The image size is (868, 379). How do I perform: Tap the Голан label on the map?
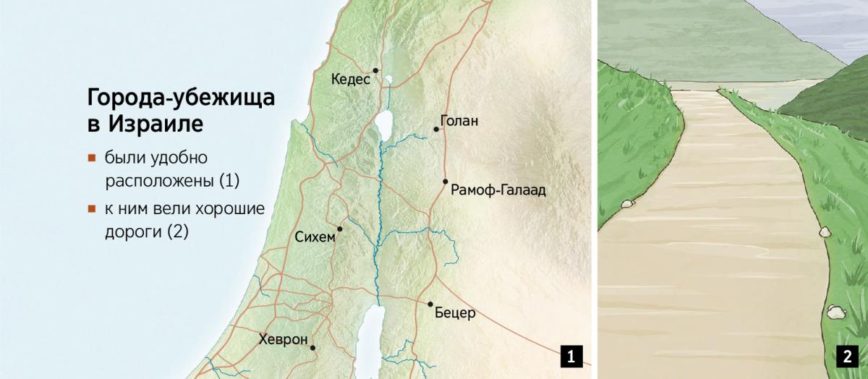coord(459,121)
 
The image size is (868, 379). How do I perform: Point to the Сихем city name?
coord(315,237)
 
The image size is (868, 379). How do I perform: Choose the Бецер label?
coord(455,314)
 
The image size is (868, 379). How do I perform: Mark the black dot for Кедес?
coord(376,70)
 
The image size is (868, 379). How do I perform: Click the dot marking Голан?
coord(436,129)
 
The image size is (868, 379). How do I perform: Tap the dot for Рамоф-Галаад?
coord(446,182)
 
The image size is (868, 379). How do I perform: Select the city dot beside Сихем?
coord(339,229)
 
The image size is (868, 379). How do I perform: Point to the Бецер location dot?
coord(430,305)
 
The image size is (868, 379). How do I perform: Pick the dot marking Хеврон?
coord(313,348)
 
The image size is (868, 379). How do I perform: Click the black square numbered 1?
coord(571,356)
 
